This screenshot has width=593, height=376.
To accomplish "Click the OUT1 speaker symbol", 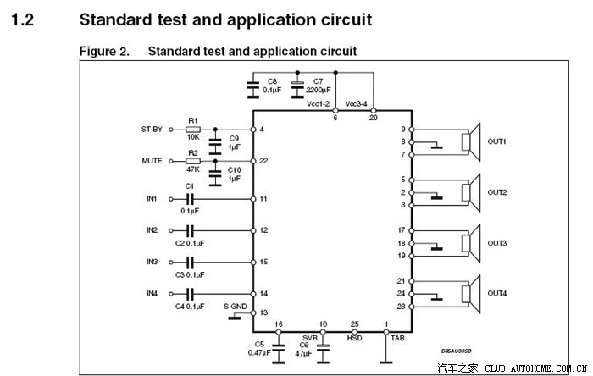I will [x=468, y=142].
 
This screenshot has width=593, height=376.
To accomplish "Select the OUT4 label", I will [x=496, y=293].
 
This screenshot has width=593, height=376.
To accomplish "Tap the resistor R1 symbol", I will [x=193, y=129].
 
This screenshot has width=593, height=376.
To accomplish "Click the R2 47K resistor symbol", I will [x=193, y=160].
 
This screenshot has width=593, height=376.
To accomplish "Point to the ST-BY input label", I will [x=152, y=129].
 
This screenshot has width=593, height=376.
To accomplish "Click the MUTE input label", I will [x=152, y=160].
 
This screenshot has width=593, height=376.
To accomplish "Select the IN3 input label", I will [x=152, y=262].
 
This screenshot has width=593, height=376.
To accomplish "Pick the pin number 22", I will [x=263, y=161].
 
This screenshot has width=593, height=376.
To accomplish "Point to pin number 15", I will [x=263, y=262].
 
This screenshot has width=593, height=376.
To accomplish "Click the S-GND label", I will [x=236, y=306].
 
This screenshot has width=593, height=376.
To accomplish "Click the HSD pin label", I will [x=354, y=336].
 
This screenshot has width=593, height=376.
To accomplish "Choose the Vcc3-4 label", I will [x=357, y=104].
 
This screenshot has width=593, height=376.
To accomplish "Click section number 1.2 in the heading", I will [x=24, y=18].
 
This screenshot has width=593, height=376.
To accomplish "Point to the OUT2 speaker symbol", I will [x=468, y=192].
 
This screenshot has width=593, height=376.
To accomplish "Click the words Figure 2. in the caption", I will [x=104, y=52].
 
